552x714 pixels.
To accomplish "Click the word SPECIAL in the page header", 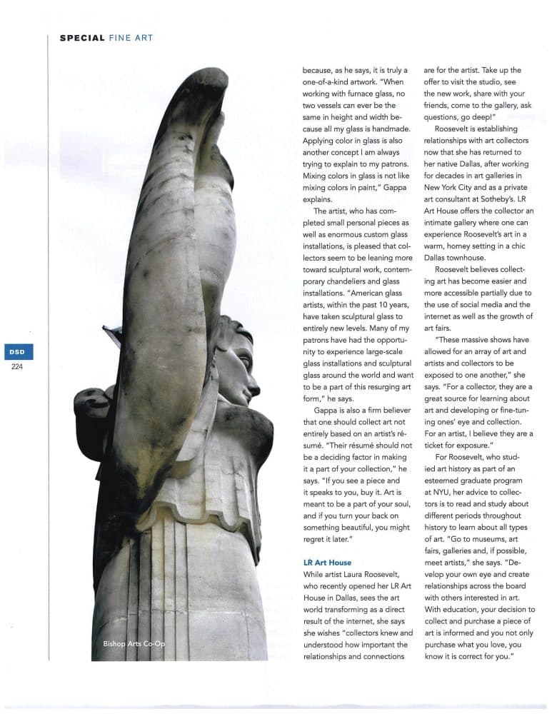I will coord(82,38).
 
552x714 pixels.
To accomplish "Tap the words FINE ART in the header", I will coord(131,38).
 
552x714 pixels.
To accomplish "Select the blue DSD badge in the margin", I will coord(16,353).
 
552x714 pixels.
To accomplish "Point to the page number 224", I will coord(16,368).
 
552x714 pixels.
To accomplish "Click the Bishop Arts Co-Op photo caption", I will coord(133,644).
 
